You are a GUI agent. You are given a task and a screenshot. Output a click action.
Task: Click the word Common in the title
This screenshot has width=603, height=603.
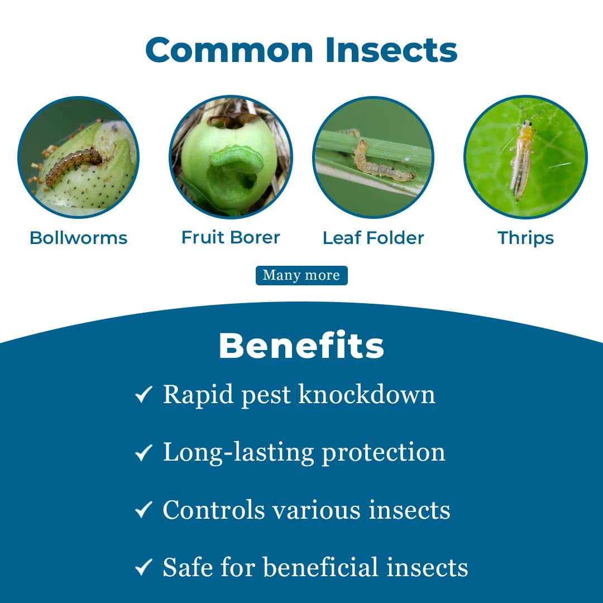230,50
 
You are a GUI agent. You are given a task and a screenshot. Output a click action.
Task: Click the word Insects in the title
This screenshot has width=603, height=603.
391,50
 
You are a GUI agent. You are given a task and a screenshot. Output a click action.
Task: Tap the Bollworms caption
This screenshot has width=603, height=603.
78,238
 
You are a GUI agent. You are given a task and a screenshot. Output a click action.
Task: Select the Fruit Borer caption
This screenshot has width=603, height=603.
231,237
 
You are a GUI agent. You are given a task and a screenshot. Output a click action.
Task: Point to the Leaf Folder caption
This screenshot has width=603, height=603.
373,238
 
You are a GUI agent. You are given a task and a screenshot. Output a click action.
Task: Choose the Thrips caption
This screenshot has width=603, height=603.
525,238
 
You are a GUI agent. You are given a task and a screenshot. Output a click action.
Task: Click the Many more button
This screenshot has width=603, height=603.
301,275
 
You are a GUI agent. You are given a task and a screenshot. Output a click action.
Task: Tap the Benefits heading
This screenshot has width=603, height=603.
301,346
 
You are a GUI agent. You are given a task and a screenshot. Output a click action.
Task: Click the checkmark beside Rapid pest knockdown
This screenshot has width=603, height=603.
143,396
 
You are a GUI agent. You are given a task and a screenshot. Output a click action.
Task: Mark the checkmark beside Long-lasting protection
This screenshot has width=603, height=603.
143,453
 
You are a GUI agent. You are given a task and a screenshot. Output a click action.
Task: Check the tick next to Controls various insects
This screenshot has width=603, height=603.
143,510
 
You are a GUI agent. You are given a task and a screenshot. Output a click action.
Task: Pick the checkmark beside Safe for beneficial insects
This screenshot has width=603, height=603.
143,568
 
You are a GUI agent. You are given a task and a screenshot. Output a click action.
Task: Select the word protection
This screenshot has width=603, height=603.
384,453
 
